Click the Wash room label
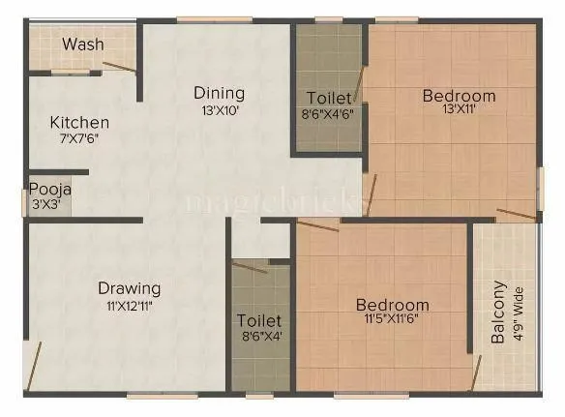coord(83,45)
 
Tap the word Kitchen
coord(79,123)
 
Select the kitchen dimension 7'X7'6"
coord(79,138)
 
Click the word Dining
coord(219,94)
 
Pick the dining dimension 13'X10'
coord(219,109)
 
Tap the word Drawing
coord(129,288)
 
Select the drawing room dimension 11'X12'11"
coord(129,304)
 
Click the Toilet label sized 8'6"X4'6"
coord(329,98)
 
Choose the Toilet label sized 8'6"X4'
coord(259,320)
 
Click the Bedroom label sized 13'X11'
coord(459,96)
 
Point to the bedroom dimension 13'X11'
coord(459,109)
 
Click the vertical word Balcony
coord(498,313)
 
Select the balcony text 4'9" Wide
coord(519,313)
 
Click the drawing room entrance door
coord(34,365)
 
